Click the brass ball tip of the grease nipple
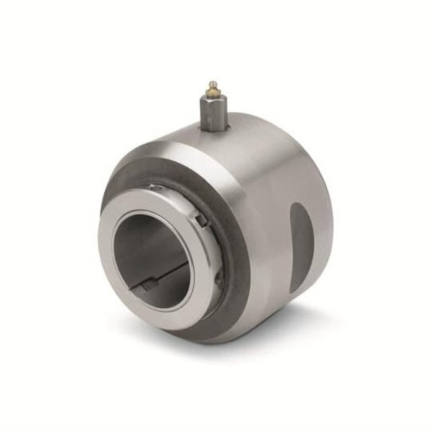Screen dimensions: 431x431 213,85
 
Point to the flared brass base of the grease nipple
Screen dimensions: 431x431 213,96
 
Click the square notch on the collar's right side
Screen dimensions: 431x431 203,220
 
